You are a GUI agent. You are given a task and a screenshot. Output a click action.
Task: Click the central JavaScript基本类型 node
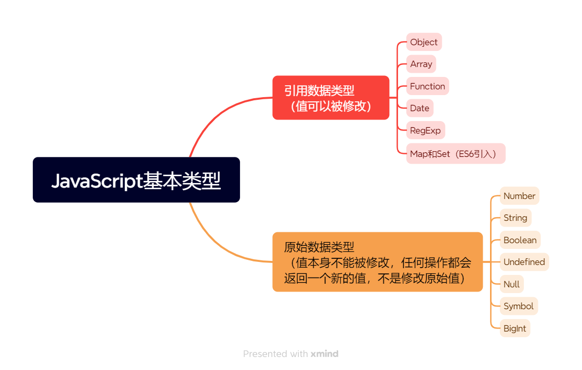coord(136,180)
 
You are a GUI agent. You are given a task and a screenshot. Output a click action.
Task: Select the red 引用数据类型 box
coord(330,98)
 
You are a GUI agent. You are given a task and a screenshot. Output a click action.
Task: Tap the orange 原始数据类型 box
coord(377,262)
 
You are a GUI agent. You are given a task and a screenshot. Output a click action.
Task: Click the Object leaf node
coord(424,42)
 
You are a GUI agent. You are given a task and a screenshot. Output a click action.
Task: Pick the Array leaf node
coord(421,64)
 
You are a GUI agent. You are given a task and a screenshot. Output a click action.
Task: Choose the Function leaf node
coord(427,86)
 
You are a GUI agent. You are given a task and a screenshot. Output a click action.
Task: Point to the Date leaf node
coord(419,108)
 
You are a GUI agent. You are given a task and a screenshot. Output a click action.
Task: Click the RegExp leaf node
coord(425,130)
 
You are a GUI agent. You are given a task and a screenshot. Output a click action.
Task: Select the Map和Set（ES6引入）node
coord(455,154)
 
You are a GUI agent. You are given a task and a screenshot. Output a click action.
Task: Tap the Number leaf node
coord(519,196)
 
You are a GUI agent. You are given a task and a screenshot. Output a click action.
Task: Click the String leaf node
coord(515,218)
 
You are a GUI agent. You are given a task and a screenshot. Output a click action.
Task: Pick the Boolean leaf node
coord(520,240)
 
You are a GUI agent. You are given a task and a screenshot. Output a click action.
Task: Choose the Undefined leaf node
coord(524,262)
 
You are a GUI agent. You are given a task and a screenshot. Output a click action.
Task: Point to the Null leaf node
coord(511,284)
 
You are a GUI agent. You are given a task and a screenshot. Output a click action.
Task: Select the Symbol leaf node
coord(518,306)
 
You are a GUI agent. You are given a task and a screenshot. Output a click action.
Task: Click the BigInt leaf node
coord(514,328)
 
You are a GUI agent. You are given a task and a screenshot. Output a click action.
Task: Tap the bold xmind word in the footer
coord(324,354)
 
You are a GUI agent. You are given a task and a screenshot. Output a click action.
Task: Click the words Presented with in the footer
coord(275,354)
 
